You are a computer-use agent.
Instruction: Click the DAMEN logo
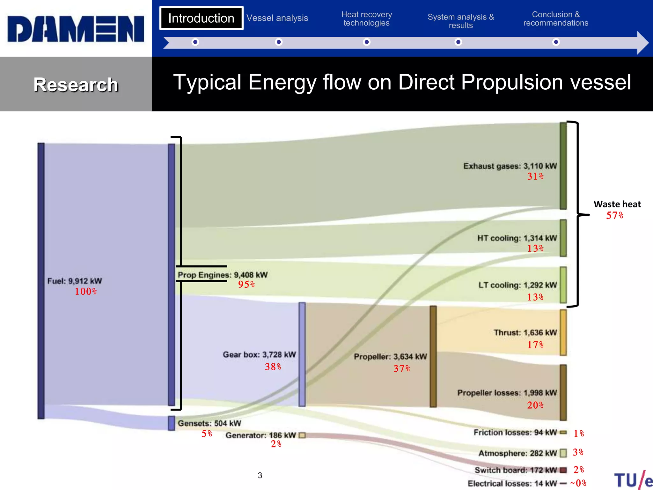coord(76,29)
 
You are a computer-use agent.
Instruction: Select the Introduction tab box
coord(201,18)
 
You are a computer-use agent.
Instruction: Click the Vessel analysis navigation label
coord(277,18)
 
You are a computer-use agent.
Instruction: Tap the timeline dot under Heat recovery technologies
coord(367,42)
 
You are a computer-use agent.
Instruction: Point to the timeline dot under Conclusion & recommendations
coord(556,42)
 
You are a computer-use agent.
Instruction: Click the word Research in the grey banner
coord(76,85)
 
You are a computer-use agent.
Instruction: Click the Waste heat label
coord(617,204)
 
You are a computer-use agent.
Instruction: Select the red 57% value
coord(614,216)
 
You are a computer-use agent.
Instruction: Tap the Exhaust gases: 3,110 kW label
coord(510,166)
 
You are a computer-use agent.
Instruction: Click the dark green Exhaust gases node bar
coord(563,166)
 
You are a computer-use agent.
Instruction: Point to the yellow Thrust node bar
coord(563,332)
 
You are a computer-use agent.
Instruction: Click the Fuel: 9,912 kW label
coord(75,281)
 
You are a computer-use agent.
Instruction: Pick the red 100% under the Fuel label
coord(85,292)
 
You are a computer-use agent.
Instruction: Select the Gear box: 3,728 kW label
coord(259,355)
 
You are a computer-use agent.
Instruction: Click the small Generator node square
coord(302,435)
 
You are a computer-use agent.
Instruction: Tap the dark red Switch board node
coord(563,470)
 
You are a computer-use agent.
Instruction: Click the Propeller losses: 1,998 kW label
coord(507,393)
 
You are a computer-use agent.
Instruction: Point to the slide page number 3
coord(260,475)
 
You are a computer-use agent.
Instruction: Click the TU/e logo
coord(633,480)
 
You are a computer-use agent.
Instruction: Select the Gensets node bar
coord(172,423)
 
